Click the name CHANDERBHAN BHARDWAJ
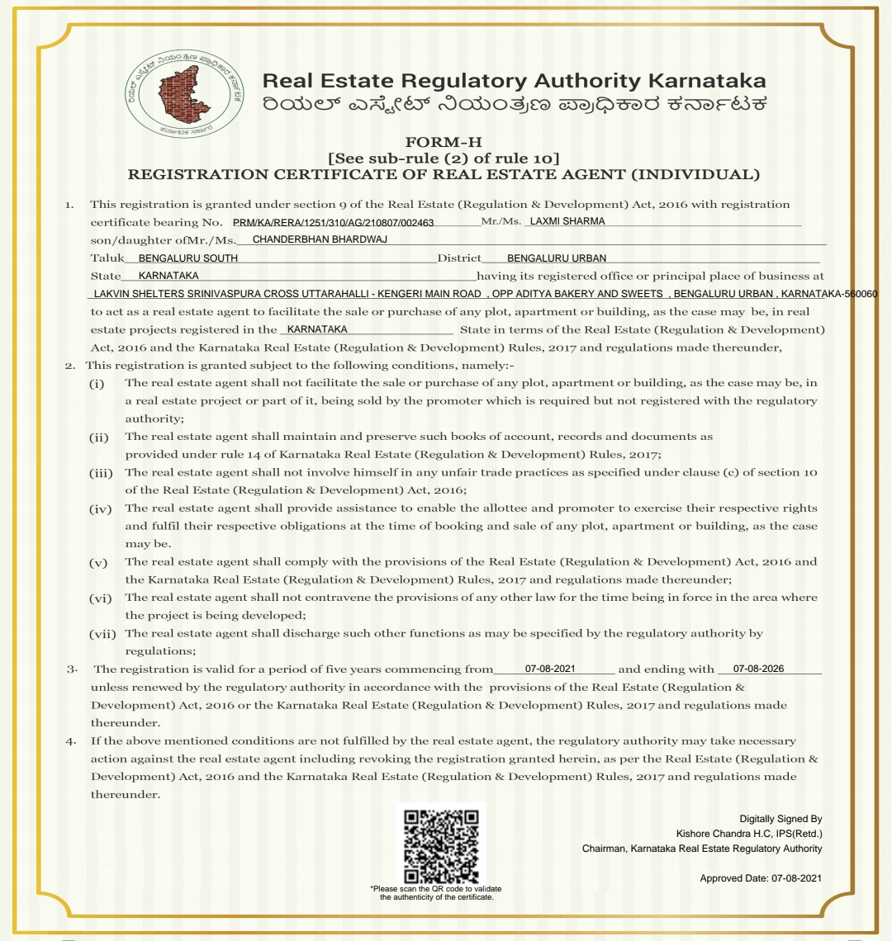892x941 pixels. [320, 239]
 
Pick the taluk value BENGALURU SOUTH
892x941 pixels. [188, 258]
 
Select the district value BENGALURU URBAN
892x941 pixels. [556, 258]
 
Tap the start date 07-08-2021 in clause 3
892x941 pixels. [550, 669]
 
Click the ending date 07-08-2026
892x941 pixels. [758, 669]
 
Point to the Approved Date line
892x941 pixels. [761, 878]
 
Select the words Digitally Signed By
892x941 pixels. [780, 819]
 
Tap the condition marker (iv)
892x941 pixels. [100, 508]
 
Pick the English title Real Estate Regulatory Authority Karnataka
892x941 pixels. [513, 81]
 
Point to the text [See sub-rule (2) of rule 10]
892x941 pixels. [444, 158]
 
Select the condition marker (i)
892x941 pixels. [97, 384]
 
